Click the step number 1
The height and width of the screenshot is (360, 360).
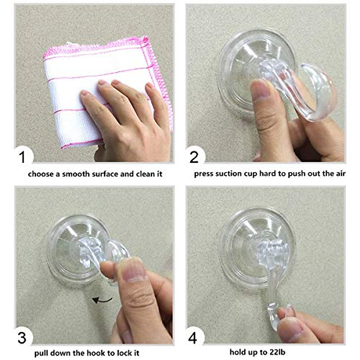(x=22, y=157)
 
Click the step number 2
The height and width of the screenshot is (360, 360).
(x=194, y=157)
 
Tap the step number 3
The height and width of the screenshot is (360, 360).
(x=22, y=338)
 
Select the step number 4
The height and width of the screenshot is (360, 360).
(x=193, y=338)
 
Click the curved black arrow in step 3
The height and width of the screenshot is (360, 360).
(x=102, y=299)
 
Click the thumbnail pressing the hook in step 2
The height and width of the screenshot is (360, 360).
(x=259, y=89)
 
